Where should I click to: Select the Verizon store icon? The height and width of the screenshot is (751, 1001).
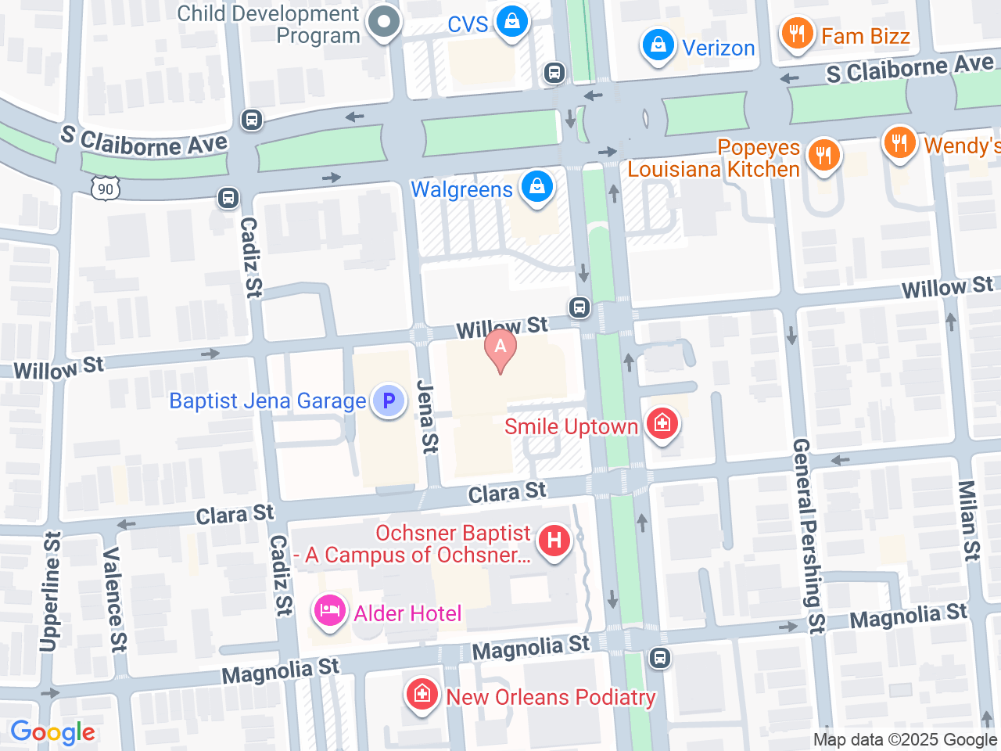[x=658, y=45]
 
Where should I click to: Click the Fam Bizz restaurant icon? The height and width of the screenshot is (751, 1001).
[x=797, y=34]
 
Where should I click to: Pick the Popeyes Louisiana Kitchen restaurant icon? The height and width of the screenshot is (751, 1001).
[x=823, y=155]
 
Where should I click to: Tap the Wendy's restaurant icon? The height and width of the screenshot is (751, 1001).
[x=899, y=143]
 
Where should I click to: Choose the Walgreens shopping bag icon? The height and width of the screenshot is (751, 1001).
[x=536, y=188]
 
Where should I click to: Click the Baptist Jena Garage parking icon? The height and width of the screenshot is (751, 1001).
[x=388, y=401]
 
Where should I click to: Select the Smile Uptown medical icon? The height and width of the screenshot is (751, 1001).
[x=662, y=425]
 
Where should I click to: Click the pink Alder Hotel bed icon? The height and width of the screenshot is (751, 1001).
[x=330, y=612]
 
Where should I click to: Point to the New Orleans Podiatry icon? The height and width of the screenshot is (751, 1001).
[x=422, y=695]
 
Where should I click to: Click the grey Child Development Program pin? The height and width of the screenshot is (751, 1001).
[x=383, y=22]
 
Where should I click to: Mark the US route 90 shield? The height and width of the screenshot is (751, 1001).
[x=106, y=189]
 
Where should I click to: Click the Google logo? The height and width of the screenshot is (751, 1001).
[x=52, y=733]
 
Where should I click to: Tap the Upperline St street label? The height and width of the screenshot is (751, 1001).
[x=50, y=591]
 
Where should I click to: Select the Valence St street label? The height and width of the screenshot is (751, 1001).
[x=114, y=599]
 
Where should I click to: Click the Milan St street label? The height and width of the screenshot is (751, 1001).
[x=969, y=520]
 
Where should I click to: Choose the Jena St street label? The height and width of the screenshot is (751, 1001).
[x=427, y=417]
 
